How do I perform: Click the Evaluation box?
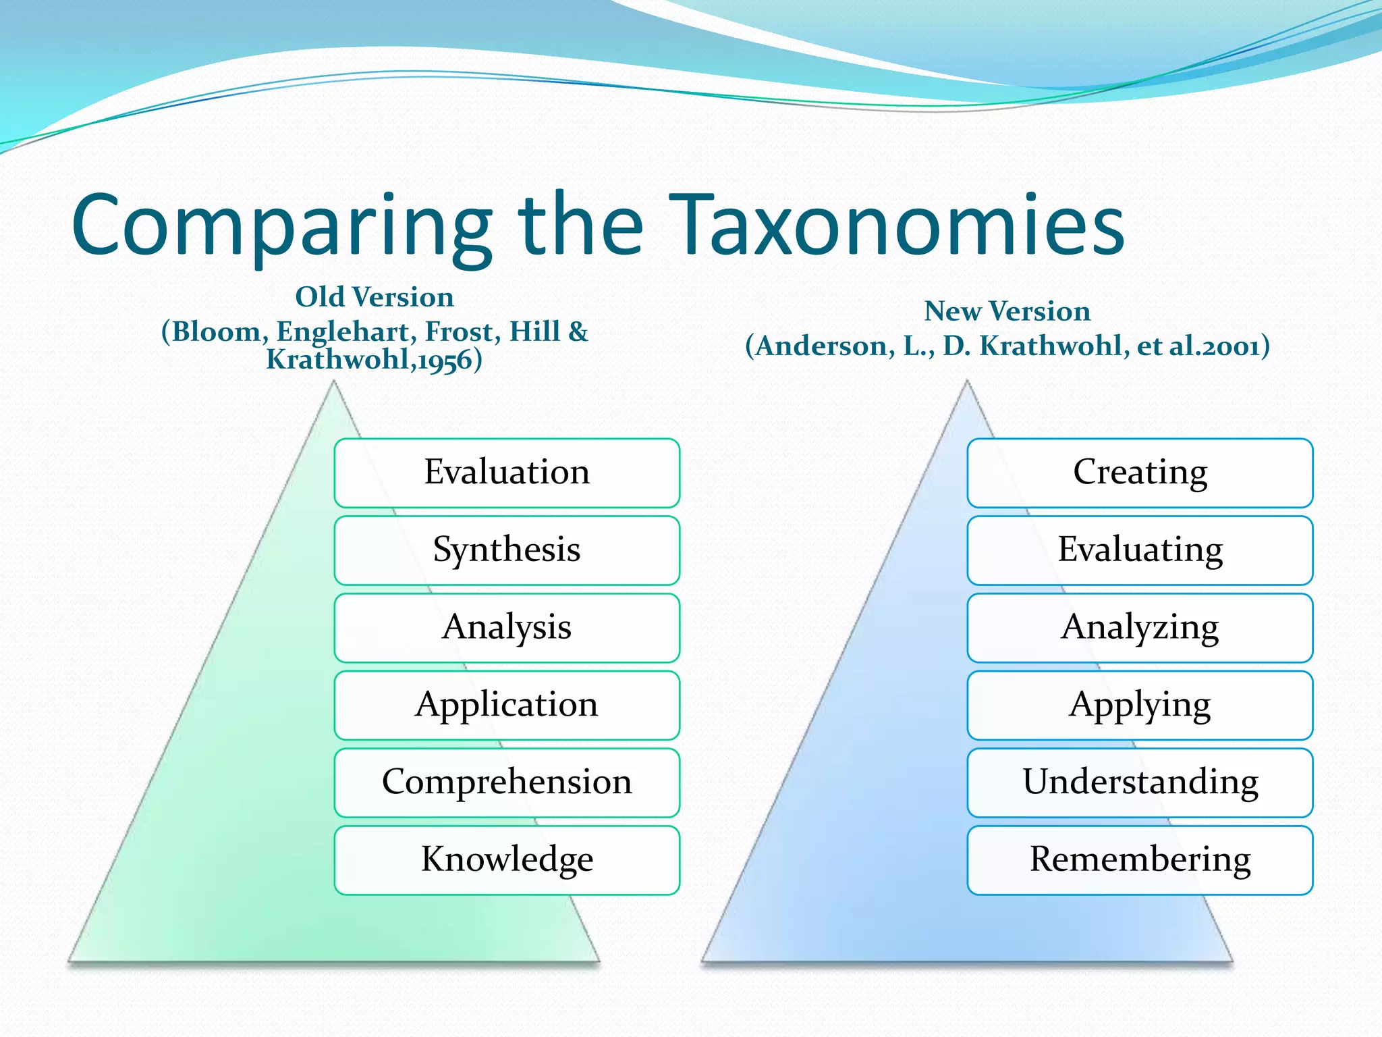tap(507, 473)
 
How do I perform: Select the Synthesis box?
tap(507, 550)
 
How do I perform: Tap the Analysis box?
tap(507, 628)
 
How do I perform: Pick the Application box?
tap(507, 705)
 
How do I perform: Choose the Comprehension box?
tap(507, 782)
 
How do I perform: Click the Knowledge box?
tap(507, 860)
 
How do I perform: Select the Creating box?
tap(1140, 473)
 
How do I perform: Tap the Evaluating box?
tap(1140, 550)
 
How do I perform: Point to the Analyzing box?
tap(1140, 628)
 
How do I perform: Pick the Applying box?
tap(1140, 705)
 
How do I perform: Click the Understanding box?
tap(1140, 782)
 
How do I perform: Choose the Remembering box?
tap(1140, 860)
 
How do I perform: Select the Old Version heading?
tap(375, 297)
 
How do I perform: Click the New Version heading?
tap(1007, 311)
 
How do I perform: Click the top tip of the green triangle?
tap(333, 383)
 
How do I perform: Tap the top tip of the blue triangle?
tap(966, 383)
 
